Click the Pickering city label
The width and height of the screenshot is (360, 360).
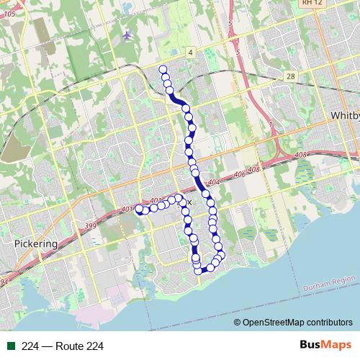(35, 244)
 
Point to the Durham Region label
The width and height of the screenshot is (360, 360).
(330, 280)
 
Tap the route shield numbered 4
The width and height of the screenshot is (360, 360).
(190, 53)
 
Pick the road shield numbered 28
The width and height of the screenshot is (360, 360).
(289, 76)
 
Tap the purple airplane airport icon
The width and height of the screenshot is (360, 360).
(127, 35)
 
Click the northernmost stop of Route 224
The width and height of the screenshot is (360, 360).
(163, 69)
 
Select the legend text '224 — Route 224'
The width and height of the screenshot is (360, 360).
(63, 347)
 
